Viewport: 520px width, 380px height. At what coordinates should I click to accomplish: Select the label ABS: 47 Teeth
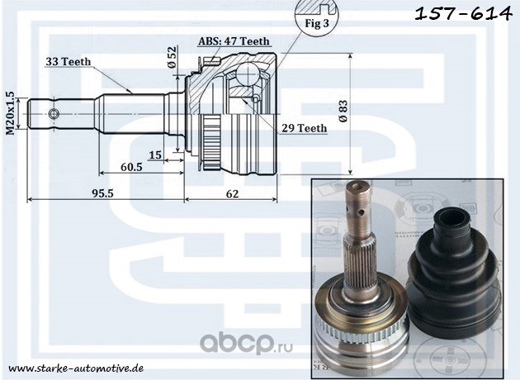pyautogui.click(x=234, y=40)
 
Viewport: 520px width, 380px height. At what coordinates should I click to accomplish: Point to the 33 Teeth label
pyautogui.click(x=69, y=61)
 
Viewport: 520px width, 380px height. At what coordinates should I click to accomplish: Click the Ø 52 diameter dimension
pyautogui.click(x=172, y=56)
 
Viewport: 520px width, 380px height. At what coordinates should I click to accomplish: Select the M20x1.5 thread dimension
pyautogui.click(x=10, y=113)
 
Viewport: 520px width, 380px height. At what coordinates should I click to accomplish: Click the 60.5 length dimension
pyautogui.click(x=130, y=165)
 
